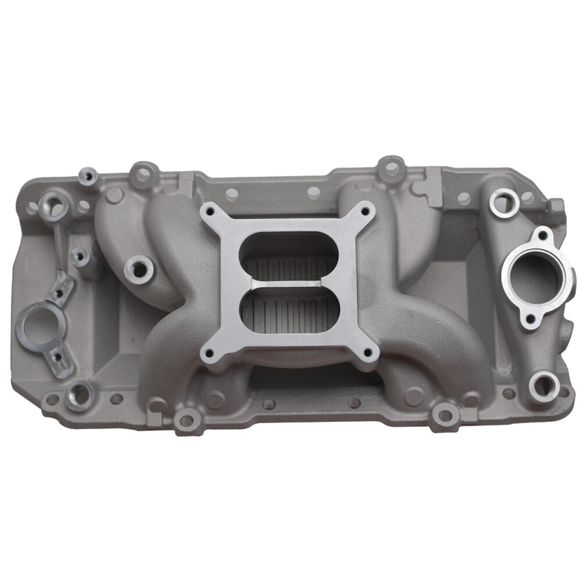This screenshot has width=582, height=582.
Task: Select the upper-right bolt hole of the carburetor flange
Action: pos(366,212)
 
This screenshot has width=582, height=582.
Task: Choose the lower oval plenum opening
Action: pos(288,309)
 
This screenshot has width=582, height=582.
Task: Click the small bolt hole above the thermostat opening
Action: pos(543,233)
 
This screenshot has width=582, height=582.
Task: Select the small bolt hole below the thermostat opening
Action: pos(530,319)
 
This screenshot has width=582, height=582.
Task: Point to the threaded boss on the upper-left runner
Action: pos(138,268)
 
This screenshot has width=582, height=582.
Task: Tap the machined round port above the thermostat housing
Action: pos(504,202)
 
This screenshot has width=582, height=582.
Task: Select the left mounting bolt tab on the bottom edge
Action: pos(187,420)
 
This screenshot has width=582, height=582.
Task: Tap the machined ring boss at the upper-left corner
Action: pos(55,207)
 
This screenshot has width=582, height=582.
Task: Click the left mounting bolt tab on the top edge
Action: pos(144,173)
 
